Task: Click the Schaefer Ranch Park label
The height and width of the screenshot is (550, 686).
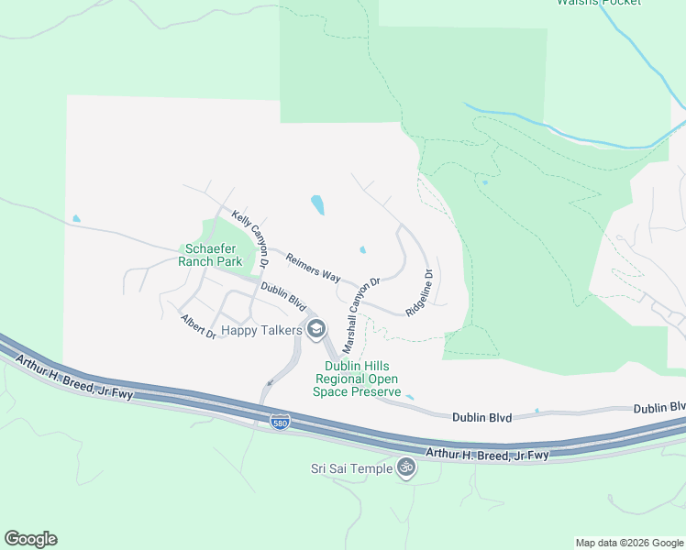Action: click(x=214, y=255)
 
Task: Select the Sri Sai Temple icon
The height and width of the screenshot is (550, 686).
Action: click(x=406, y=468)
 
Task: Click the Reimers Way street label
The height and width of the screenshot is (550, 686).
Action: click(x=313, y=269)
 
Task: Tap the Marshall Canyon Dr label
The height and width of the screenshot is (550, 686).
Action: click(x=360, y=316)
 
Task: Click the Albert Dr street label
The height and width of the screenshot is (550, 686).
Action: click(x=198, y=326)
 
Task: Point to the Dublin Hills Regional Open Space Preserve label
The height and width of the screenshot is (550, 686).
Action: click(x=359, y=379)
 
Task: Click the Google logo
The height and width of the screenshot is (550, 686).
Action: click(x=30, y=539)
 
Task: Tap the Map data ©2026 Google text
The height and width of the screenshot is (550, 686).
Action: click(x=628, y=543)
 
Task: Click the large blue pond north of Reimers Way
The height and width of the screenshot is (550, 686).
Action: click(x=317, y=204)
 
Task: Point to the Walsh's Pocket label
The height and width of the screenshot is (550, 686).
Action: click(x=599, y=3)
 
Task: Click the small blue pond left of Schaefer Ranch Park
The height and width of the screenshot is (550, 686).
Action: click(x=75, y=219)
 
